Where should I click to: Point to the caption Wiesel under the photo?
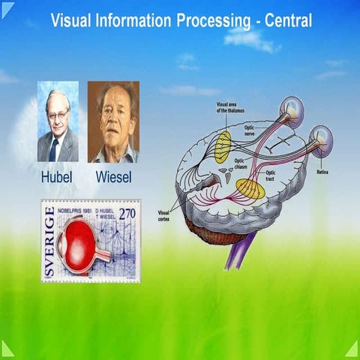[113, 178]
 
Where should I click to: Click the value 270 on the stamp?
[128, 214]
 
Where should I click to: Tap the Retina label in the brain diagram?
[322, 171]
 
